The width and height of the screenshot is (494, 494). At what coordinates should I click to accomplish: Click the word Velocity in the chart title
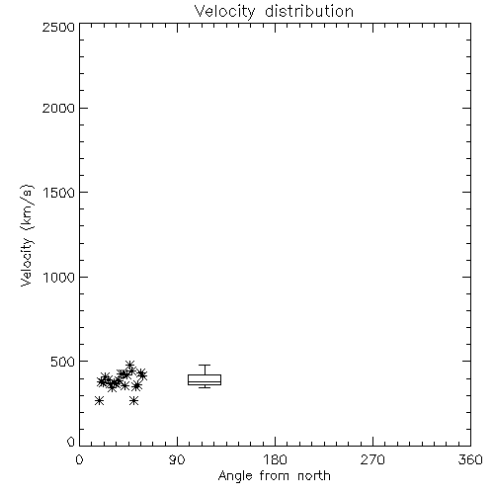click(x=224, y=12)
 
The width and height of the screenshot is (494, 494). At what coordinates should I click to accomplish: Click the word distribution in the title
click(x=309, y=11)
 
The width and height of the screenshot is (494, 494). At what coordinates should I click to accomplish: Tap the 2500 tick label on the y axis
click(x=58, y=28)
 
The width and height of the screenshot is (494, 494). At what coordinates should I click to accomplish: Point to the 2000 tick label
click(x=58, y=109)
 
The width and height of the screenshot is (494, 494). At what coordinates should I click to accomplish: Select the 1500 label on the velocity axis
click(x=59, y=193)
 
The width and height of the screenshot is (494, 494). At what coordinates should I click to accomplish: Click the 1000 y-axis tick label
click(x=59, y=278)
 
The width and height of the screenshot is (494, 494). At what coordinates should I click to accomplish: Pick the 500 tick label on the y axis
click(x=63, y=362)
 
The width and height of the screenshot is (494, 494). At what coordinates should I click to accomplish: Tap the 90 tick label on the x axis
click(x=177, y=459)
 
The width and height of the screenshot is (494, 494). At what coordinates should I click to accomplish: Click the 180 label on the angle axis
click(x=275, y=459)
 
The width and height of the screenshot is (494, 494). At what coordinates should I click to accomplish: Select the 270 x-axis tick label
click(x=372, y=459)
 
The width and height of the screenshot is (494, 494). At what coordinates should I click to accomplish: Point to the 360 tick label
click(x=470, y=459)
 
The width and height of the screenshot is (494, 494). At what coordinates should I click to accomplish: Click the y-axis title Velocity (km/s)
click(x=27, y=235)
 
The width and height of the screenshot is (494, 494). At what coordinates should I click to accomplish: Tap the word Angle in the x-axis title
click(x=235, y=476)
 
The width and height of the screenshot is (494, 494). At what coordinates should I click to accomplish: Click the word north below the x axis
click(x=314, y=475)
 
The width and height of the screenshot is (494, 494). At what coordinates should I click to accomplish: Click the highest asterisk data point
click(x=129, y=365)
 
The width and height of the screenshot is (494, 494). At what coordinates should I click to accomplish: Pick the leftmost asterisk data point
click(x=99, y=401)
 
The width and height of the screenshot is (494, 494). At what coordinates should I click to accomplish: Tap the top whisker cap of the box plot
click(x=205, y=365)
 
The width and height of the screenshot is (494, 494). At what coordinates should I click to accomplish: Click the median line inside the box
click(x=205, y=381)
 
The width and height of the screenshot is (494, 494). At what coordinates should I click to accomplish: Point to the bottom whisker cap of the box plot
click(x=205, y=387)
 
